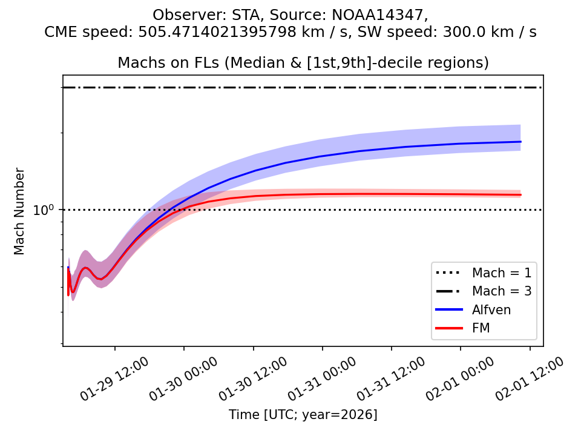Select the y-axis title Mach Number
click(19, 211)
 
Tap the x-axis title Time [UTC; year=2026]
click(303, 415)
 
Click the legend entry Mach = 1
click(502, 272)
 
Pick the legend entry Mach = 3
click(502, 291)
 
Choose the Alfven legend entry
click(491, 309)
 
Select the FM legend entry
click(481, 328)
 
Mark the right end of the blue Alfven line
click(520, 142)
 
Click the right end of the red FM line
click(520, 195)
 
